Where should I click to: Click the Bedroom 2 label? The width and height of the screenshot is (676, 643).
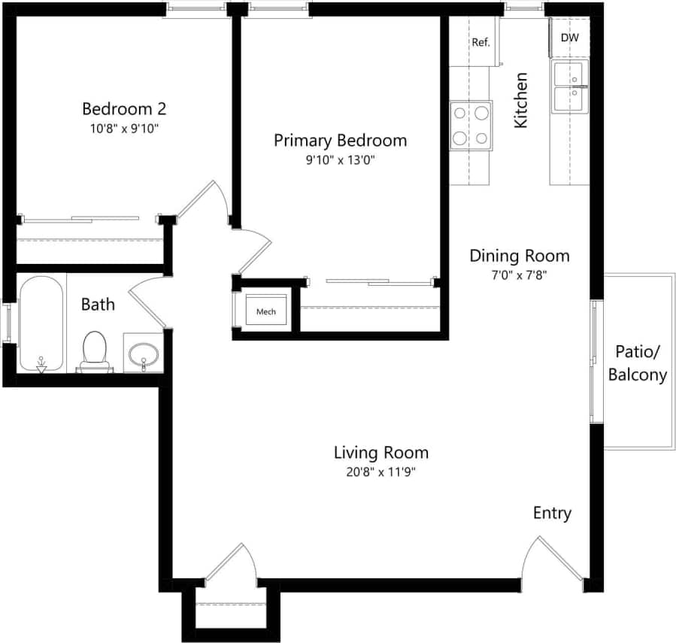(124, 108)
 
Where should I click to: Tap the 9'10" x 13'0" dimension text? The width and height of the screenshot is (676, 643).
(340, 159)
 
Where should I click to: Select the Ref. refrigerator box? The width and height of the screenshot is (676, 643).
(480, 42)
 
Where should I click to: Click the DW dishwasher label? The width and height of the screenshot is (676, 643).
(569, 38)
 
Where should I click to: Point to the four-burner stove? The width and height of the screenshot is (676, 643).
(471, 126)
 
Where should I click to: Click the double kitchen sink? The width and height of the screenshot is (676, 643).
(570, 87)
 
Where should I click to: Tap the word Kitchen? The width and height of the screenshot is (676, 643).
(520, 100)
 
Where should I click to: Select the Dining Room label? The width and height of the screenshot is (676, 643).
(519, 256)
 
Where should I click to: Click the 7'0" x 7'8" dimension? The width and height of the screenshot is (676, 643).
(519, 274)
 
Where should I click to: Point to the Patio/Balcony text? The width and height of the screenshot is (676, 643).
(637, 363)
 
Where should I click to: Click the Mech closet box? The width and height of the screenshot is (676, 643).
(266, 311)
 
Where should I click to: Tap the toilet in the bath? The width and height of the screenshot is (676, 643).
(94, 351)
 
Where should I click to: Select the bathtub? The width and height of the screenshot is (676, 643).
(41, 324)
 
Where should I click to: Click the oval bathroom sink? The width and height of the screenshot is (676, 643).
(143, 353)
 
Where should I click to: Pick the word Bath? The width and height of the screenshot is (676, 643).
(98, 304)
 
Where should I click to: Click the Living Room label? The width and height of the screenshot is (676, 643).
(381, 453)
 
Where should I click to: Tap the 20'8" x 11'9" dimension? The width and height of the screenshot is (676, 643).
(381, 472)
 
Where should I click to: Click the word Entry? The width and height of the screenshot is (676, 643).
(552, 514)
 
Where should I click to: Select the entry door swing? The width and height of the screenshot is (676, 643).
(553, 560)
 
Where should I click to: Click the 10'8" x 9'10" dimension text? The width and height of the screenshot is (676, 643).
(124, 128)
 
